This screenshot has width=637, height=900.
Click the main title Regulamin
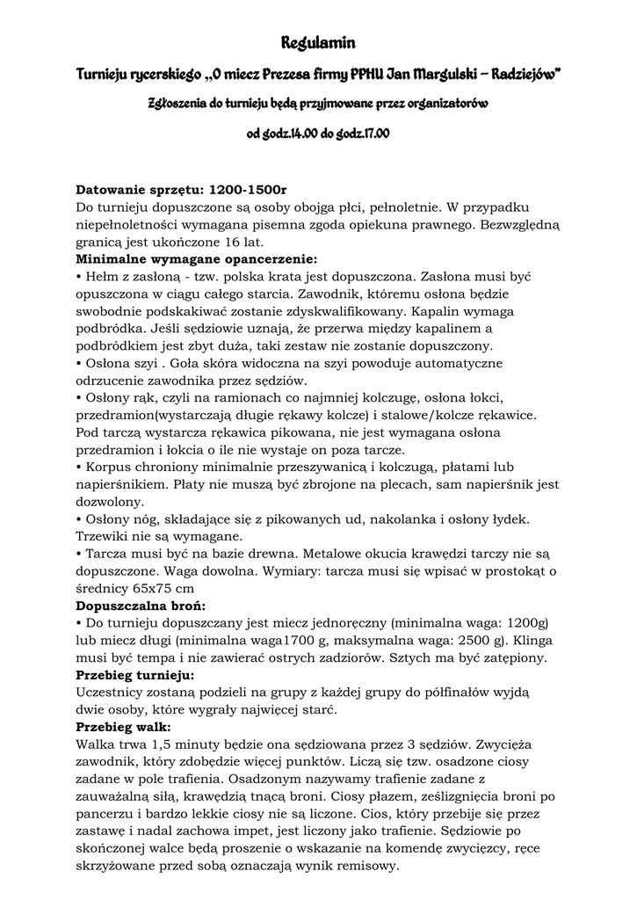(x=318, y=42)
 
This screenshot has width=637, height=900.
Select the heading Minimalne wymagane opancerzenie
(x=196, y=259)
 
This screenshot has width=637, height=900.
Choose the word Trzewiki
(x=105, y=535)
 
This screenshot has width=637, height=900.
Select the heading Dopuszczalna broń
(x=141, y=605)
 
